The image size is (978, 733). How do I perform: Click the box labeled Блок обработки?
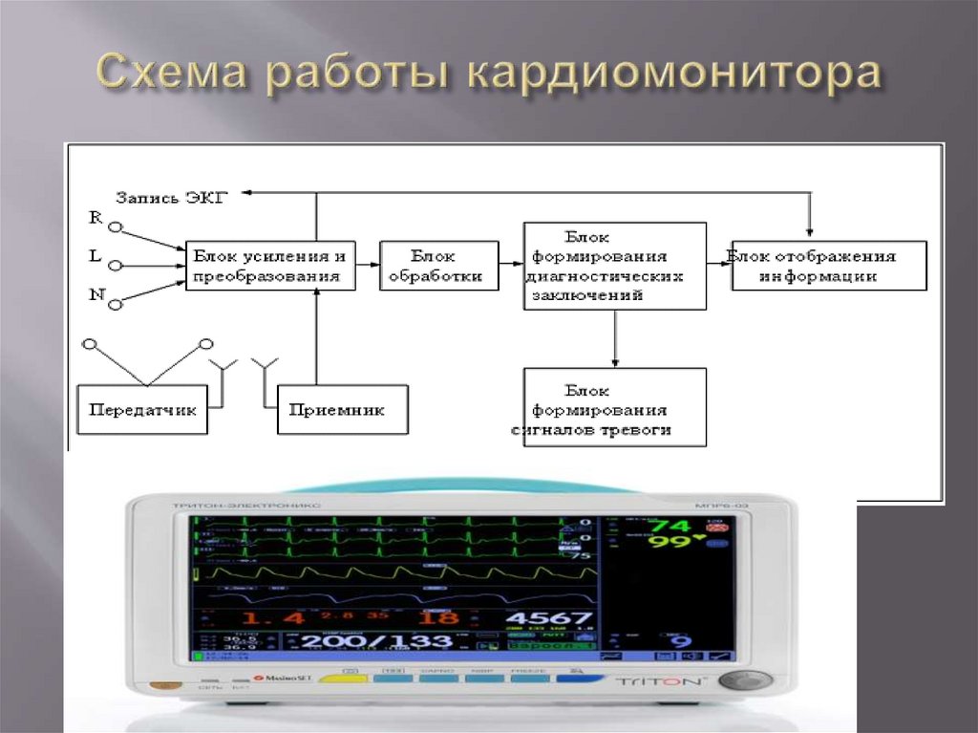pos(439,267)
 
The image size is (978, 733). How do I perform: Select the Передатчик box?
pos(143,410)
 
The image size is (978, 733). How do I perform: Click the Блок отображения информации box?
pos(829,267)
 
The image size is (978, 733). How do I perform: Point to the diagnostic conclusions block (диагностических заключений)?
pos(614,267)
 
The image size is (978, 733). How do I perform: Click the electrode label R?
pos(96,217)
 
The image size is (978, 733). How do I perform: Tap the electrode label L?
pos(96,256)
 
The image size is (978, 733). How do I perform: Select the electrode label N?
pos(96,294)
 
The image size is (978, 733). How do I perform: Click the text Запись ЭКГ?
pos(173,198)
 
